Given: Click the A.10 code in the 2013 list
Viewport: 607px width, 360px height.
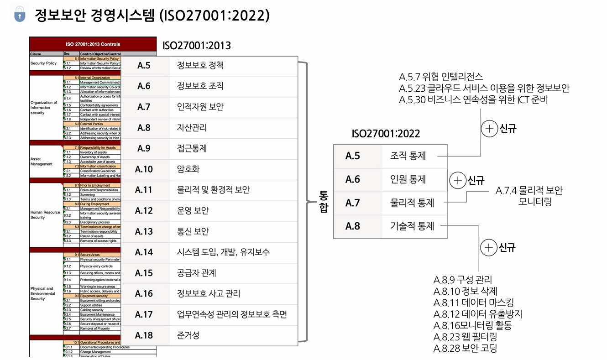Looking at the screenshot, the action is [144, 169].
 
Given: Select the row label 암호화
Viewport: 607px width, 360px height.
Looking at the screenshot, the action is [188, 169].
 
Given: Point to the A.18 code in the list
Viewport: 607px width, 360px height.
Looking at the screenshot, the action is [144, 335].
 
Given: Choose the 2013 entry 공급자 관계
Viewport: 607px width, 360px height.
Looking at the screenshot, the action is [196, 273].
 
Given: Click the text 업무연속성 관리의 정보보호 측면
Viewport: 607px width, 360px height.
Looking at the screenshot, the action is [231, 314].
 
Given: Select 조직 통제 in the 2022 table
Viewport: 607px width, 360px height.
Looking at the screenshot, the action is [408, 156].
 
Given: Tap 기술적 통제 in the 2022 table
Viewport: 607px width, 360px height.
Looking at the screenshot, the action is [412, 226].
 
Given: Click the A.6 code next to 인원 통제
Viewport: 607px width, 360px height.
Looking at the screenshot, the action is [352, 179].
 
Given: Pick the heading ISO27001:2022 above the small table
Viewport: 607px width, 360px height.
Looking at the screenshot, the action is [386, 134].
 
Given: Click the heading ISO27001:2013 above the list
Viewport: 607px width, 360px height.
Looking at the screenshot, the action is [196, 46].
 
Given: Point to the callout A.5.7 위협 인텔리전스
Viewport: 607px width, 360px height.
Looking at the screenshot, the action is [440, 77].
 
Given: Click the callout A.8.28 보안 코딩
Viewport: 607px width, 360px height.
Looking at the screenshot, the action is [465, 349].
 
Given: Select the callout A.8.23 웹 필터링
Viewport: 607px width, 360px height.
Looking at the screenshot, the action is [465, 337].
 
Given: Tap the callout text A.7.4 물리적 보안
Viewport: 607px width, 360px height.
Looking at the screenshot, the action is [529, 191].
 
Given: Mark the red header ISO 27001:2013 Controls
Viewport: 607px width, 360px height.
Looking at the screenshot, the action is [93, 44].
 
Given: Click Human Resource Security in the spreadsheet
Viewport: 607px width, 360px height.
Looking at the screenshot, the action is [45, 214].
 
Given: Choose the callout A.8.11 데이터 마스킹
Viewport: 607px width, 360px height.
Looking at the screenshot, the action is [473, 303].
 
